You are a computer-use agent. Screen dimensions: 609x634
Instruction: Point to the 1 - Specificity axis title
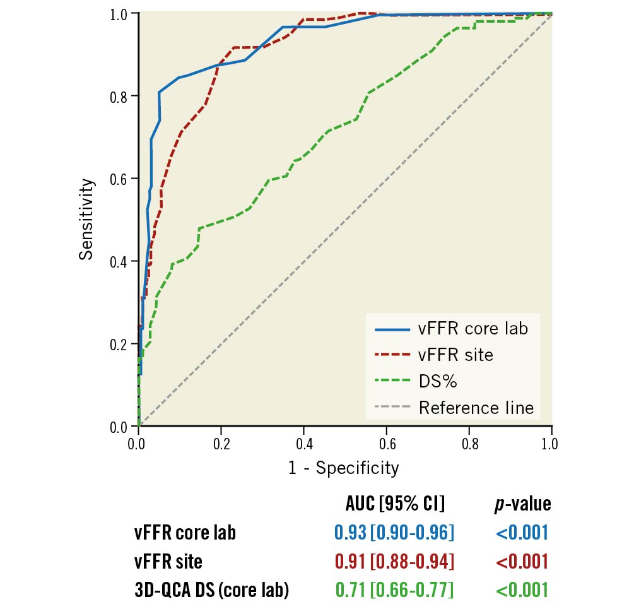(344, 468)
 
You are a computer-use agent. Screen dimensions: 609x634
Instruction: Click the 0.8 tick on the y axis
(120, 97)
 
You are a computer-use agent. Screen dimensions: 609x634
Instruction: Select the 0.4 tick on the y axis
(120, 262)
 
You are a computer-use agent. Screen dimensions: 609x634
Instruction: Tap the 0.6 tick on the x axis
(387, 444)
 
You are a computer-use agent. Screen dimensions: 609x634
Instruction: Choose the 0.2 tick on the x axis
(221, 444)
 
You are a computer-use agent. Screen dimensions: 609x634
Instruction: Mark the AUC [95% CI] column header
(395, 504)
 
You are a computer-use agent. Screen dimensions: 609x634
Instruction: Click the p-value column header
(522, 504)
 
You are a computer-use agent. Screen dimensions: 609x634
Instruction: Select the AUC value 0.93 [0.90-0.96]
(394, 533)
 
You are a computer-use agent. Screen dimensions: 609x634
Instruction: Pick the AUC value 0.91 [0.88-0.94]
(394, 561)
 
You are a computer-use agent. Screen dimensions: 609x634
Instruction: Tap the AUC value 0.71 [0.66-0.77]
(394, 590)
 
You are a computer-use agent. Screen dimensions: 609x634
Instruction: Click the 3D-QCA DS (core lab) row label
(211, 590)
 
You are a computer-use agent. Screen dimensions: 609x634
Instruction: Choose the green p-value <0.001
(522, 590)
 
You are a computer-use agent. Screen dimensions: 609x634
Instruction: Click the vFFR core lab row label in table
(185, 533)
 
